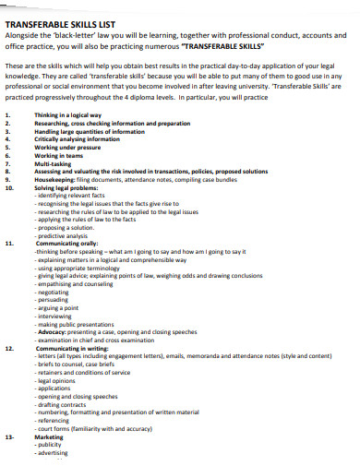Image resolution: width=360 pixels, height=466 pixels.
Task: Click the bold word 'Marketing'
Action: [x=48, y=436]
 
